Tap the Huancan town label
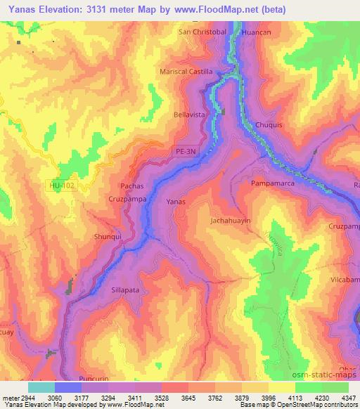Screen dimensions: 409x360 pyautogui.click(x=255, y=32)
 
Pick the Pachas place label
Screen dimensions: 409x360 pyautogui.click(x=132, y=186)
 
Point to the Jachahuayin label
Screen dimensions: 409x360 pyautogui.click(x=231, y=221)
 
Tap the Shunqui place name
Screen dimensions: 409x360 pyautogui.click(x=108, y=237)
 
